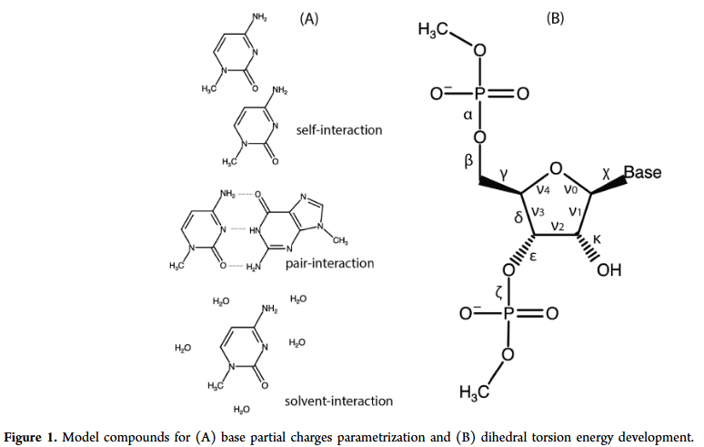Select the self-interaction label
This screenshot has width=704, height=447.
pos(339,130)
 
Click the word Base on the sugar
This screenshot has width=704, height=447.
pos(641,173)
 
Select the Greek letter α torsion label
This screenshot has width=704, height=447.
pos(467,115)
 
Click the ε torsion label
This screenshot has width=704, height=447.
pos(534,257)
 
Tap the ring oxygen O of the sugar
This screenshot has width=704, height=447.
pos(557,168)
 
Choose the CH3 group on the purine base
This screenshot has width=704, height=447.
pos(340,240)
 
